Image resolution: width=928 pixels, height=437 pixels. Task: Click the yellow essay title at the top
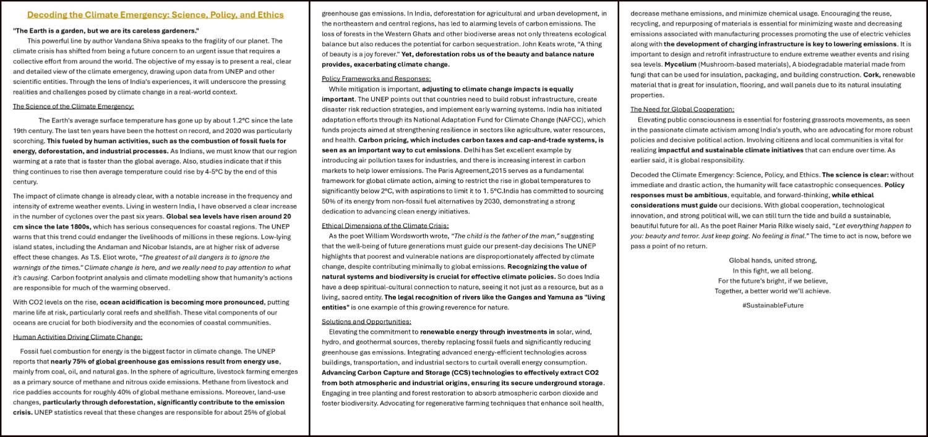155,15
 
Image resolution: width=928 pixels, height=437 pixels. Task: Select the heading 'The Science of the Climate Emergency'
74,106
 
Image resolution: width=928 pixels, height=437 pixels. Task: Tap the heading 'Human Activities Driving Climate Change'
77,337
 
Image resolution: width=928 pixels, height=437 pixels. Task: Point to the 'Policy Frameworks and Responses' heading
376,78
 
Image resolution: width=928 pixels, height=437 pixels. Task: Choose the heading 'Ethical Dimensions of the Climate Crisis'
385,226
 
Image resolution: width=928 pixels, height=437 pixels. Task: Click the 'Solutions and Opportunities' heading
366,321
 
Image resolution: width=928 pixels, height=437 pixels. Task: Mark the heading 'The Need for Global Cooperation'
682,109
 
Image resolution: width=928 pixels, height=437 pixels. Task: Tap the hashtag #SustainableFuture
773,305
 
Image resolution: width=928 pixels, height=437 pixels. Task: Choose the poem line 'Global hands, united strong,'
773,260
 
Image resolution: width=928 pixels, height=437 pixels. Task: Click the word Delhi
473,150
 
